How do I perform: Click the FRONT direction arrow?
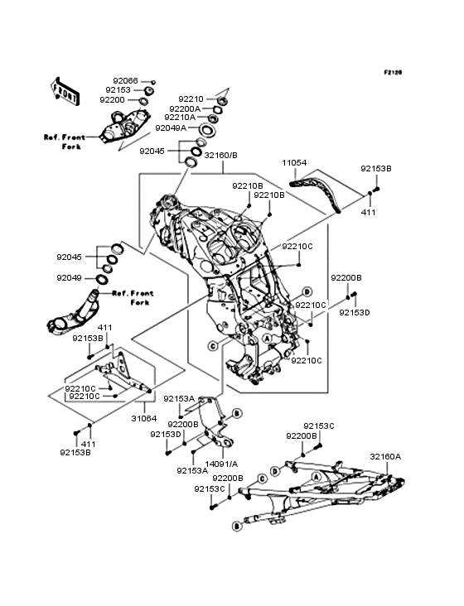pyautogui.click(x=65, y=91)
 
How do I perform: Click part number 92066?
pyautogui.click(x=125, y=81)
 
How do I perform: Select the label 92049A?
pyautogui.click(x=171, y=128)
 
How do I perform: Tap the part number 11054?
pyautogui.click(x=294, y=163)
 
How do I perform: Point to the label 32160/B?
pyautogui.click(x=220, y=156)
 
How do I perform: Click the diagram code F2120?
pyautogui.click(x=393, y=72)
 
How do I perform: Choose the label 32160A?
pyautogui.click(x=385, y=457)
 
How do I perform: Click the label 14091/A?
pyautogui.click(x=221, y=464)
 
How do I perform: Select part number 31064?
pyautogui.click(x=144, y=419)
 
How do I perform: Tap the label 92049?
pyautogui.click(x=70, y=278)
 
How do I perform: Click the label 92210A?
pyautogui.click(x=180, y=117)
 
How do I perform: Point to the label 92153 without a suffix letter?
pyautogui.click(x=118, y=90)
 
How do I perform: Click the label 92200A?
pyautogui.click(x=185, y=109)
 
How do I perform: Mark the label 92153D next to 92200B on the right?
pyautogui.click(x=355, y=312)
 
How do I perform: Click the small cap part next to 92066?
pyautogui.click(x=153, y=82)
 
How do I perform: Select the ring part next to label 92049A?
pyautogui.click(x=208, y=129)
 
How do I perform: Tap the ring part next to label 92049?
pyautogui.click(x=102, y=279)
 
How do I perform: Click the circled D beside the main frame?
pyautogui.click(x=307, y=291)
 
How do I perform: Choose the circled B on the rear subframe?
pyautogui.click(x=237, y=526)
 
